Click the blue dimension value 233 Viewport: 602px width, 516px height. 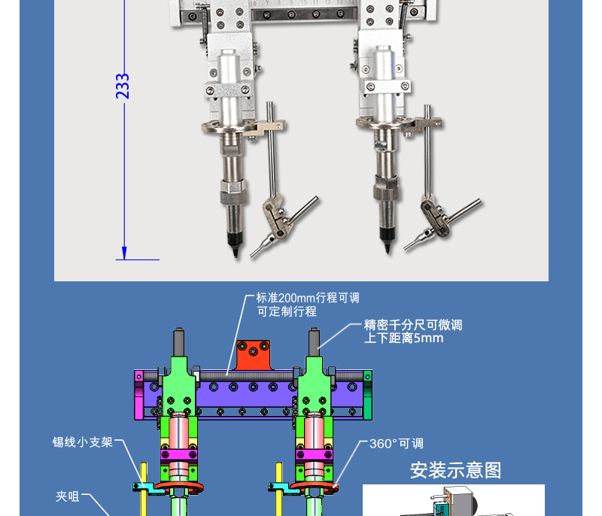[x=123, y=87]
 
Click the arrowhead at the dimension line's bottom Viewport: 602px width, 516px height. [x=124, y=253]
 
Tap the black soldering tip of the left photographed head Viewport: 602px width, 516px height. [x=234, y=244]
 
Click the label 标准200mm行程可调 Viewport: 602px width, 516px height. [x=308, y=298]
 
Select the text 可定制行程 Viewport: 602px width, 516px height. [x=287, y=311]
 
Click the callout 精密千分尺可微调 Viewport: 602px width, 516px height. [x=413, y=325]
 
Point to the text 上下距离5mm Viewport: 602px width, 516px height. [x=403, y=338]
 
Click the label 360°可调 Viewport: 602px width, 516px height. [x=397, y=444]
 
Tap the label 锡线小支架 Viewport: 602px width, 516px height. [x=83, y=442]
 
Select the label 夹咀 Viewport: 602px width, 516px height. [x=68, y=496]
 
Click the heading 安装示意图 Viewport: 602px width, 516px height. [x=455, y=470]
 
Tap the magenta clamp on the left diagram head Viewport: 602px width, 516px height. [x=179, y=454]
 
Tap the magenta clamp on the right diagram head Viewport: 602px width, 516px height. [x=314, y=454]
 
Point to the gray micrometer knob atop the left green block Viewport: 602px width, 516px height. [x=179, y=342]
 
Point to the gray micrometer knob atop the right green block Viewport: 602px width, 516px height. [x=314, y=342]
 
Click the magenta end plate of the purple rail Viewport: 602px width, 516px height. [x=138, y=394]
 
